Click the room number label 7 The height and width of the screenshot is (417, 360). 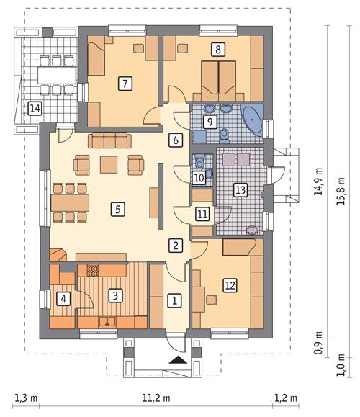pyautogui.click(x=125, y=84)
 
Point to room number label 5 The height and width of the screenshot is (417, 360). pyautogui.click(x=114, y=210)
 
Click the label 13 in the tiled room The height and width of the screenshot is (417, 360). pyautogui.click(x=240, y=190)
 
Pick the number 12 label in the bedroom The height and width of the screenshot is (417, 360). pyautogui.click(x=230, y=285)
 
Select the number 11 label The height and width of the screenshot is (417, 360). pyautogui.click(x=202, y=214)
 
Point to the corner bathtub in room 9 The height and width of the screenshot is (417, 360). pyautogui.click(x=252, y=117)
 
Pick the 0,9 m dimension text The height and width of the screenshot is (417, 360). pyautogui.click(x=319, y=341)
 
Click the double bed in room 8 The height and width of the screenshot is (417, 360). pyautogui.click(x=217, y=78)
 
